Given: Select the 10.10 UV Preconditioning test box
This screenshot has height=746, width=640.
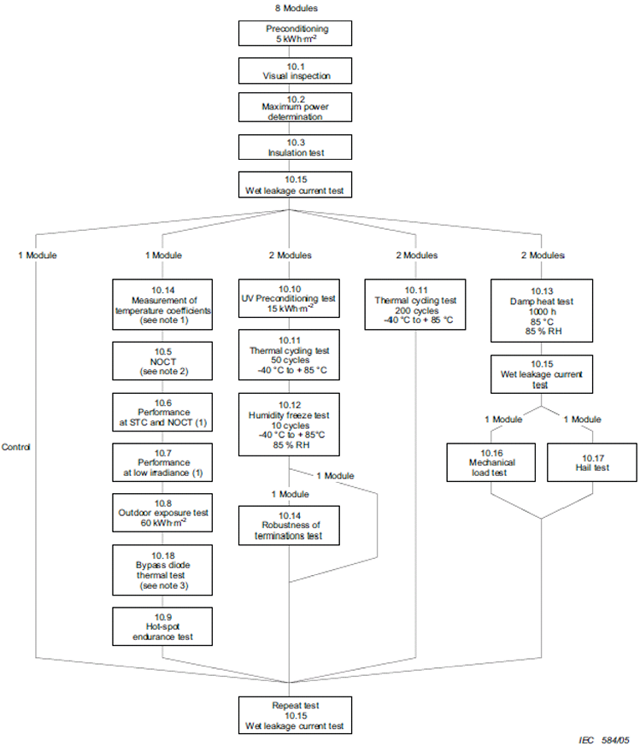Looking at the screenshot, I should pos(289,300).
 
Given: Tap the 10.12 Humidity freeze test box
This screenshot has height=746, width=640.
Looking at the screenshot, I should pos(289,427).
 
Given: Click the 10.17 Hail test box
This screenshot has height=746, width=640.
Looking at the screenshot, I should pos(591,461).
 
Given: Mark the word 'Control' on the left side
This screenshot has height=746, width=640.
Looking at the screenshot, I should pos(18,447).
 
